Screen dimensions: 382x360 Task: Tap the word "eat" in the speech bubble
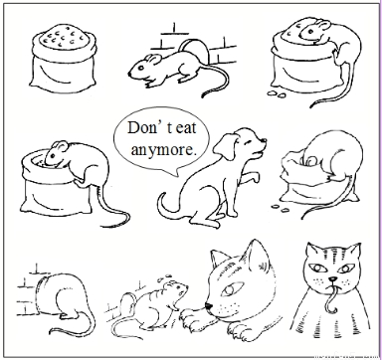[x=186, y=128]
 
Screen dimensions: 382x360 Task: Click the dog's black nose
[x=265, y=139]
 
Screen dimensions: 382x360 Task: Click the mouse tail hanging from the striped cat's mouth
[x=332, y=299]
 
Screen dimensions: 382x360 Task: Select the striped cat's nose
[x=332, y=278]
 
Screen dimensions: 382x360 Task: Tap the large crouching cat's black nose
[x=208, y=305]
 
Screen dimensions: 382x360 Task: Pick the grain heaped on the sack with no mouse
[x=64, y=36]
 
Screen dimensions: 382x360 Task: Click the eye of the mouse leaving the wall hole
[x=141, y=68]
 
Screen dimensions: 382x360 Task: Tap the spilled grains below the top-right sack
[x=278, y=93]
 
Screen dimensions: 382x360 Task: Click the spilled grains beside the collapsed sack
[x=282, y=208]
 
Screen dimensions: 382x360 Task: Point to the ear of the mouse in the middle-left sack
[x=60, y=145]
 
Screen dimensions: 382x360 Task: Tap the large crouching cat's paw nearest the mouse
[x=191, y=315]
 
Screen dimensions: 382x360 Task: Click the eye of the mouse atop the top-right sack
[x=310, y=32]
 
